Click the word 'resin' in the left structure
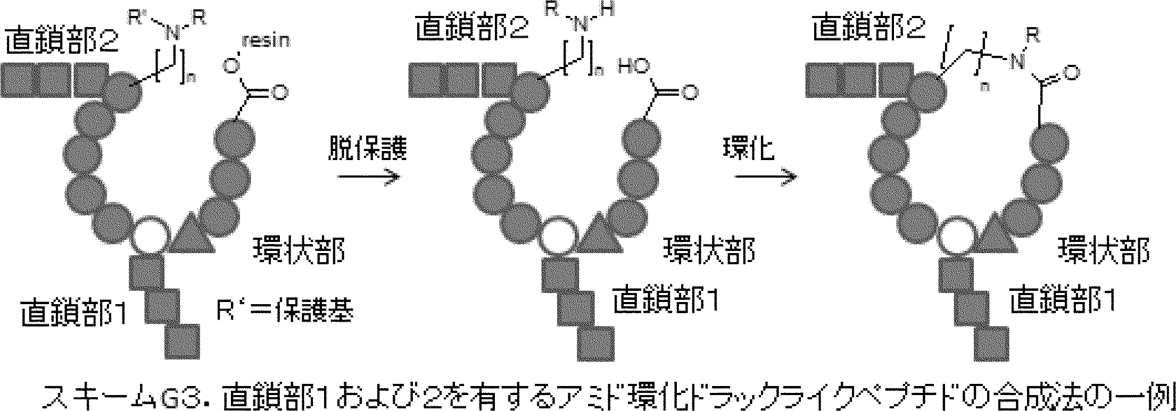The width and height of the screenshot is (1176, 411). [267, 41]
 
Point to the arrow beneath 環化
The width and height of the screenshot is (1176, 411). [765, 178]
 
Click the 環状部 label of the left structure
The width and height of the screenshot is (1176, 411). [298, 250]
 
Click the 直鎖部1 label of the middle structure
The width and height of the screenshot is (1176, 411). [665, 300]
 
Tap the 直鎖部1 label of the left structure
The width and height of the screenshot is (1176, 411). [74, 313]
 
